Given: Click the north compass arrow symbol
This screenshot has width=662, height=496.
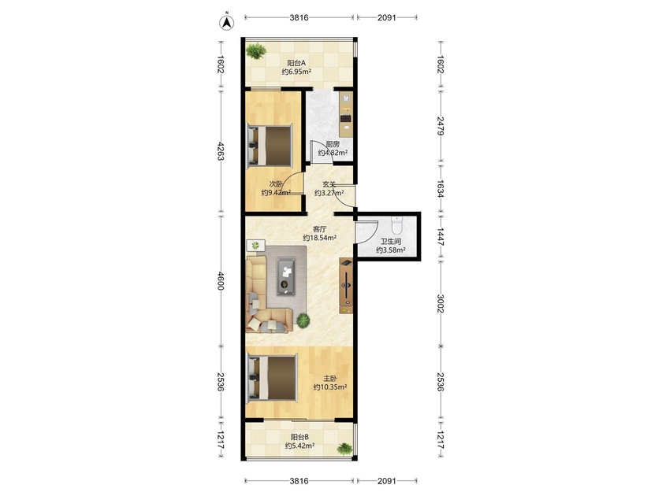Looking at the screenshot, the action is [227, 22].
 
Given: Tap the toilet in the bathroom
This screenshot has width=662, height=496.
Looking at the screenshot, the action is [397, 226].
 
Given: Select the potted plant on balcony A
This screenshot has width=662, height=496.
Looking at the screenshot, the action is [255, 50].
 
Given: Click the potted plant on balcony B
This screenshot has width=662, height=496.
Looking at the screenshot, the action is [344, 448].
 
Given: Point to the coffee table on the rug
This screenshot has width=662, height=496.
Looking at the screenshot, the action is [286, 276].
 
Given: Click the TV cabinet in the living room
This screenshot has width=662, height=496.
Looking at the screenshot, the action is [346, 286].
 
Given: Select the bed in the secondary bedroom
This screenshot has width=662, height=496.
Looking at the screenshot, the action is [270, 145].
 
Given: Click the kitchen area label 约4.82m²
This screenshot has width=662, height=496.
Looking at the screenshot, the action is [333, 153].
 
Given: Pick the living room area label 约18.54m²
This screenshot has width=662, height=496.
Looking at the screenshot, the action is [320, 238].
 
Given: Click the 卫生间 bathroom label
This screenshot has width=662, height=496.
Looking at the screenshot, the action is [391, 242].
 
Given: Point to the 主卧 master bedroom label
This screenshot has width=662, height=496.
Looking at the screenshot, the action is [329, 379].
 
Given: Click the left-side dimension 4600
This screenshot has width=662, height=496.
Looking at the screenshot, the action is [220, 280].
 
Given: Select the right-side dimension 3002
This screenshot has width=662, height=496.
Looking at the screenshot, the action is [440, 303].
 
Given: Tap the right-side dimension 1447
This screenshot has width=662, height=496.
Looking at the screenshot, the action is [440, 237].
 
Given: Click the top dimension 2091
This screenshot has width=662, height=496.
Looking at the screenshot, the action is [387, 17].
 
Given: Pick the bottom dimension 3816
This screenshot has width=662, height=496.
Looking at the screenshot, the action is [299, 480].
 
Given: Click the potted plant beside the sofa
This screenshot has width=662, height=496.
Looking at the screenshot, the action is [303, 321].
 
